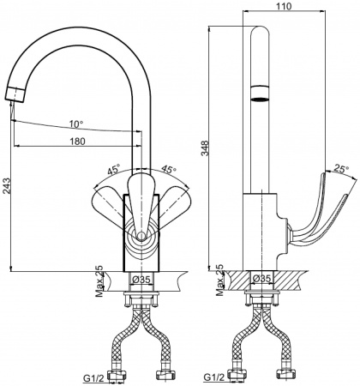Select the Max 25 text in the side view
pos(220,280)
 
